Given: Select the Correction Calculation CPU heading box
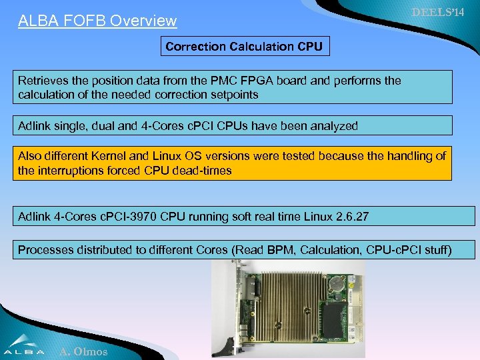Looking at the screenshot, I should [x=244, y=47].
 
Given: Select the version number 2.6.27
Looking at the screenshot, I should [x=347, y=216].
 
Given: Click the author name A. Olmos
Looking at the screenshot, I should [x=83, y=351].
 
